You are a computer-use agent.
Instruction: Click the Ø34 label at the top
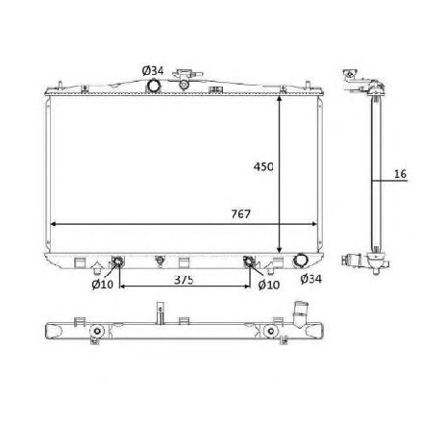[x=153, y=69]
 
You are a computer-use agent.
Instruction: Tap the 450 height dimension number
[x=263, y=166]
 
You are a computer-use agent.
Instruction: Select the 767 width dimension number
[x=240, y=213]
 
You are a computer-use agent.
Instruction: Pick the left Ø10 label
[x=103, y=283]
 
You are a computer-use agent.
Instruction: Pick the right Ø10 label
[x=268, y=283]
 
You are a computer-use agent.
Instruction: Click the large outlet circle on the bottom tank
[x=300, y=262]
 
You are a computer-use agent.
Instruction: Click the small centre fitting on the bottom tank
[x=160, y=260]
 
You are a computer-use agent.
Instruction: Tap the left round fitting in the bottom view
[x=96, y=335]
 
